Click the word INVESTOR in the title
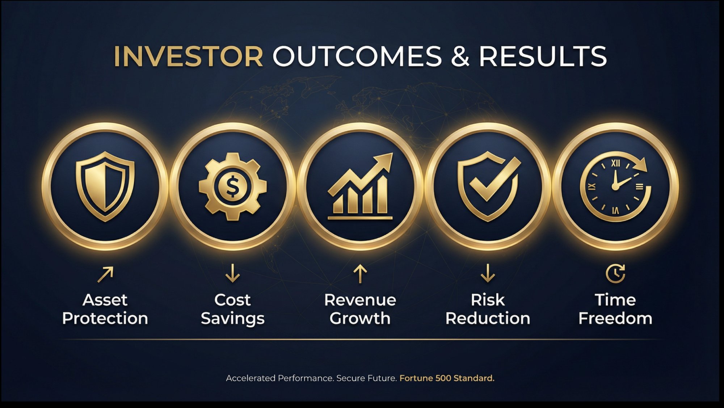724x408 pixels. (x=188, y=57)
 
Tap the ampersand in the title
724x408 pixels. (x=460, y=57)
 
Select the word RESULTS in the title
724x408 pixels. (x=543, y=57)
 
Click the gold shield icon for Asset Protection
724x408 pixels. (x=105, y=186)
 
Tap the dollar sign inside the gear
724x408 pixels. (x=232, y=186)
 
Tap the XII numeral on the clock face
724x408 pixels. (x=615, y=163)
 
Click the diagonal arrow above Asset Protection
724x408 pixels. (x=105, y=274)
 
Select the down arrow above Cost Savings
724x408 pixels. (x=232, y=273)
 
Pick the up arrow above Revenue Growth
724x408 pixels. (x=360, y=274)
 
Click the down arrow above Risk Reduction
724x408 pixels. (x=488, y=273)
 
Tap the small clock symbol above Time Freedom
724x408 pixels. (x=615, y=273)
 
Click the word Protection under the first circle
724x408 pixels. (x=105, y=319)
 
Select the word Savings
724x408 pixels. (x=232, y=319)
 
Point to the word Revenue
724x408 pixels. (x=360, y=300)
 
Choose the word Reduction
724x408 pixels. (x=488, y=319)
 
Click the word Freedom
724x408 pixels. (x=615, y=319)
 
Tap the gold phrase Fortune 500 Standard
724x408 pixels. (x=447, y=378)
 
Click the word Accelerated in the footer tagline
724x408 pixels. (x=251, y=378)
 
